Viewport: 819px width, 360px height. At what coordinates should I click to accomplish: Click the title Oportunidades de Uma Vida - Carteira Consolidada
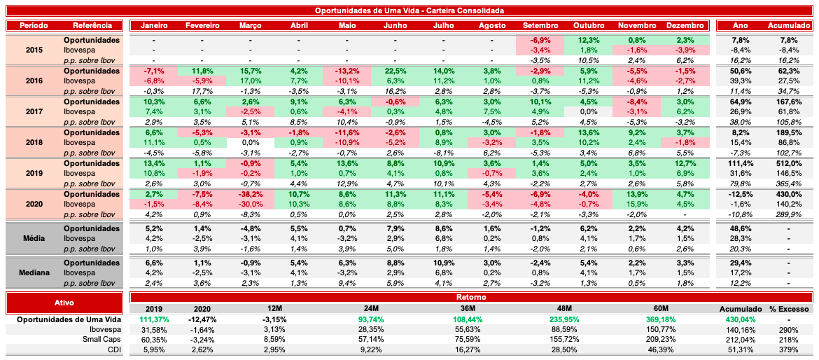(x=409, y=11)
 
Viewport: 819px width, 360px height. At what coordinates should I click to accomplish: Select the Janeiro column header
(x=153, y=25)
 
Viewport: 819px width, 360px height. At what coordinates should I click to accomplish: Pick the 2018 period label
(x=34, y=142)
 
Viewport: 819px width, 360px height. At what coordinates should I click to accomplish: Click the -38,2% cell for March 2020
(x=250, y=194)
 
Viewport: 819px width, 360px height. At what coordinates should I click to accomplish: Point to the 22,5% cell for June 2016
(x=395, y=71)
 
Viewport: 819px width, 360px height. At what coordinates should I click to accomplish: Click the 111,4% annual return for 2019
(x=741, y=163)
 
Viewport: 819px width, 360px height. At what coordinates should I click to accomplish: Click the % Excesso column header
(x=788, y=308)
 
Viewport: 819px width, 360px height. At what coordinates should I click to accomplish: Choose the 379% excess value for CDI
(x=788, y=349)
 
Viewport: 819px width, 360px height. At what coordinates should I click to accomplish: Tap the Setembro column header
(x=540, y=25)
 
